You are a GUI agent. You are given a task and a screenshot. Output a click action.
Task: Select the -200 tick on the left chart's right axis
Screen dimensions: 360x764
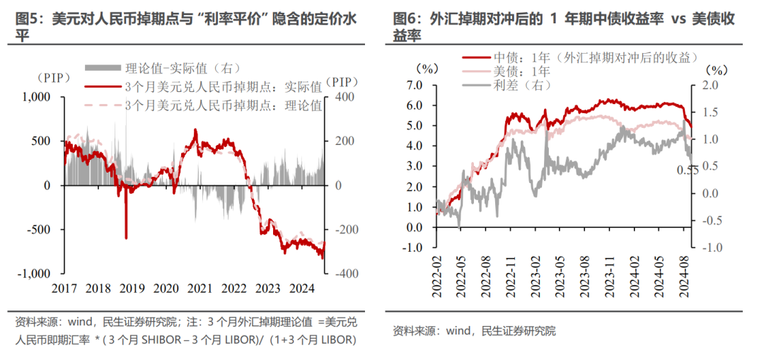point(343,229)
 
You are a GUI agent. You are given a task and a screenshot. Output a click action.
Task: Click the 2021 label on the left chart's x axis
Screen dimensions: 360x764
point(200,288)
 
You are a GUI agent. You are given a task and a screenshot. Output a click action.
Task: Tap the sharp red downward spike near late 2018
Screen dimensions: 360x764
point(127,237)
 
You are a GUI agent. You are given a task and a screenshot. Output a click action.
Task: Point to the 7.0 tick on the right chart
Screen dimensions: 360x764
point(412,86)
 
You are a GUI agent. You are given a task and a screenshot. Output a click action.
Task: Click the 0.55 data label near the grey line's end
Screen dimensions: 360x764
point(688,170)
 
